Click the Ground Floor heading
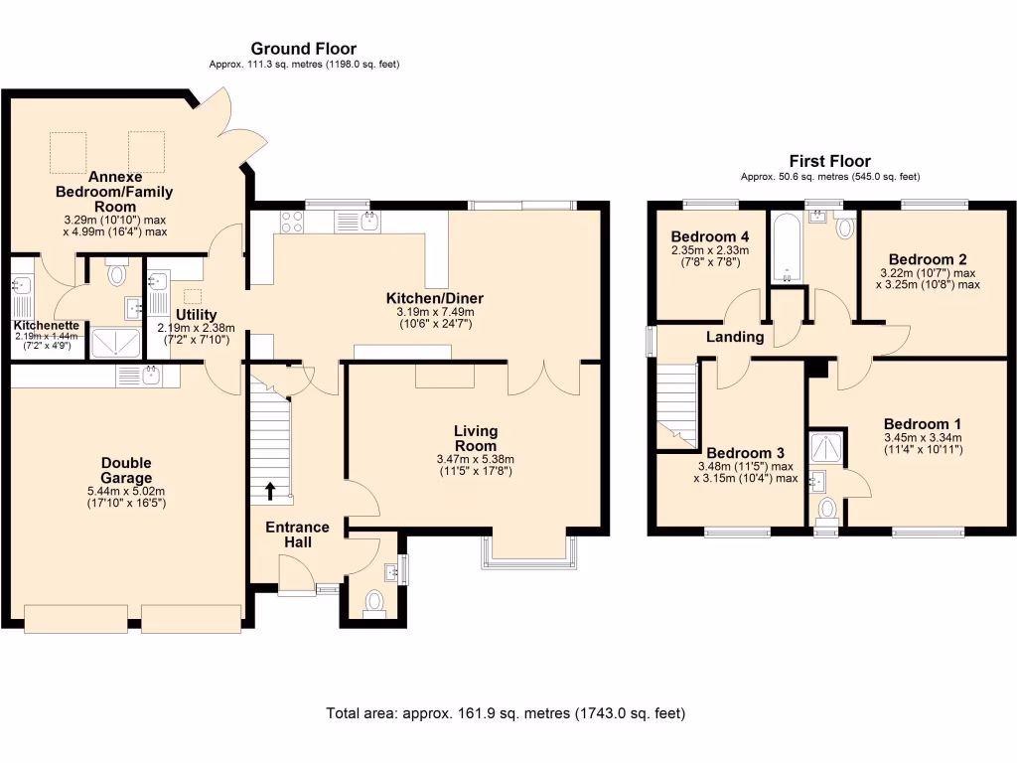point(303,49)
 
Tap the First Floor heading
point(829,161)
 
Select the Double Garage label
point(125,470)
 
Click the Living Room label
point(475,438)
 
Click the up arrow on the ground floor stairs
point(270,490)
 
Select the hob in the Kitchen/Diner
point(292,222)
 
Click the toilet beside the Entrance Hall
point(375,602)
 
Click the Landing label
point(734,337)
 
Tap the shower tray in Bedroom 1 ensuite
point(826,449)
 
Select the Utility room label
point(196,315)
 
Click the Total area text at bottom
point(506,713)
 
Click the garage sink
point(151,375)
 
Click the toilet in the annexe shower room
point(117,273)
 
